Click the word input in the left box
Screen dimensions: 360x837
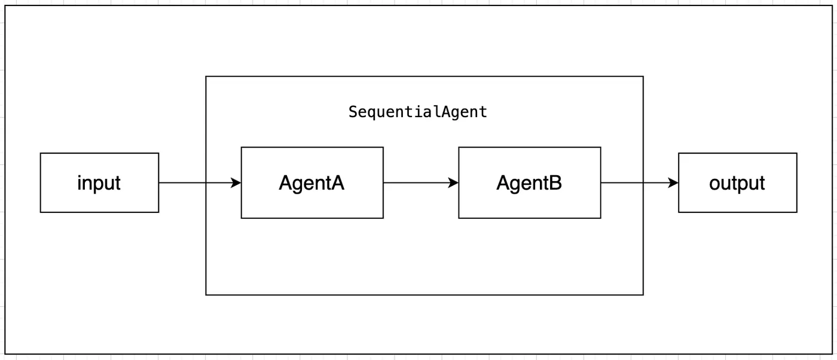99,183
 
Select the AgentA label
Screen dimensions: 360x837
311,183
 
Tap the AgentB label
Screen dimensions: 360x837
529,183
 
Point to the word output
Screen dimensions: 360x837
737,183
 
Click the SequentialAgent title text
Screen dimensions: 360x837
418,112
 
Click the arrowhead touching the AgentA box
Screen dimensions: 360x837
236,183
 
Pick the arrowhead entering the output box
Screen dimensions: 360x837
673,183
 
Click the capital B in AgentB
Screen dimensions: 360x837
555,183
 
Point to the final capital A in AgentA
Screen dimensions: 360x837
337,183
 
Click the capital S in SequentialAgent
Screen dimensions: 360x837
353,112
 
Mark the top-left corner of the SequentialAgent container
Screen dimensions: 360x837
206,77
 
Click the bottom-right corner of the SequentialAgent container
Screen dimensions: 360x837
643,295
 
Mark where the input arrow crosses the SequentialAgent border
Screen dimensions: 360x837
206,183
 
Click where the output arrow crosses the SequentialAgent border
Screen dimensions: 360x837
643,183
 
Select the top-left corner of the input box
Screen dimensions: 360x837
41,154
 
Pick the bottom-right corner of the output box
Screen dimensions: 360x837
797,212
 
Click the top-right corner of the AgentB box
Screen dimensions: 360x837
601,148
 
